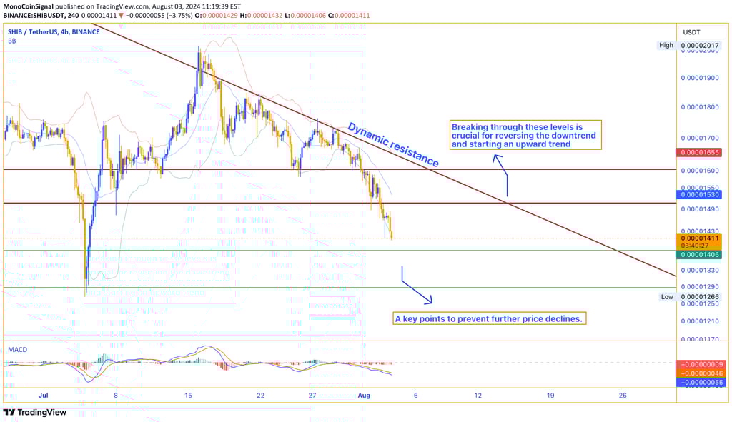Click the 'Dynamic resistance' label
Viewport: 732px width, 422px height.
[392, 145]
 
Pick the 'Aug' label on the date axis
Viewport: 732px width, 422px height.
[365, 395]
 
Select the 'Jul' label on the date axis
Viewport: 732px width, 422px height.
[44, 395]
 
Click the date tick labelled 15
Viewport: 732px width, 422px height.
[188, 395]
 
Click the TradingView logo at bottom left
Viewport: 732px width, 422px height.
[35, 412]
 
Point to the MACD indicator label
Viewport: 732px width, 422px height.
[18, 350]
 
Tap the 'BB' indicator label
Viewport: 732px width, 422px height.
[12, 41]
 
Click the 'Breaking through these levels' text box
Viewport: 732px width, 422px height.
[525, 135]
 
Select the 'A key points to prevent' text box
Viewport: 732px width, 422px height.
[490, 318]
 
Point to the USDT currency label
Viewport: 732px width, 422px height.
[691, 32]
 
